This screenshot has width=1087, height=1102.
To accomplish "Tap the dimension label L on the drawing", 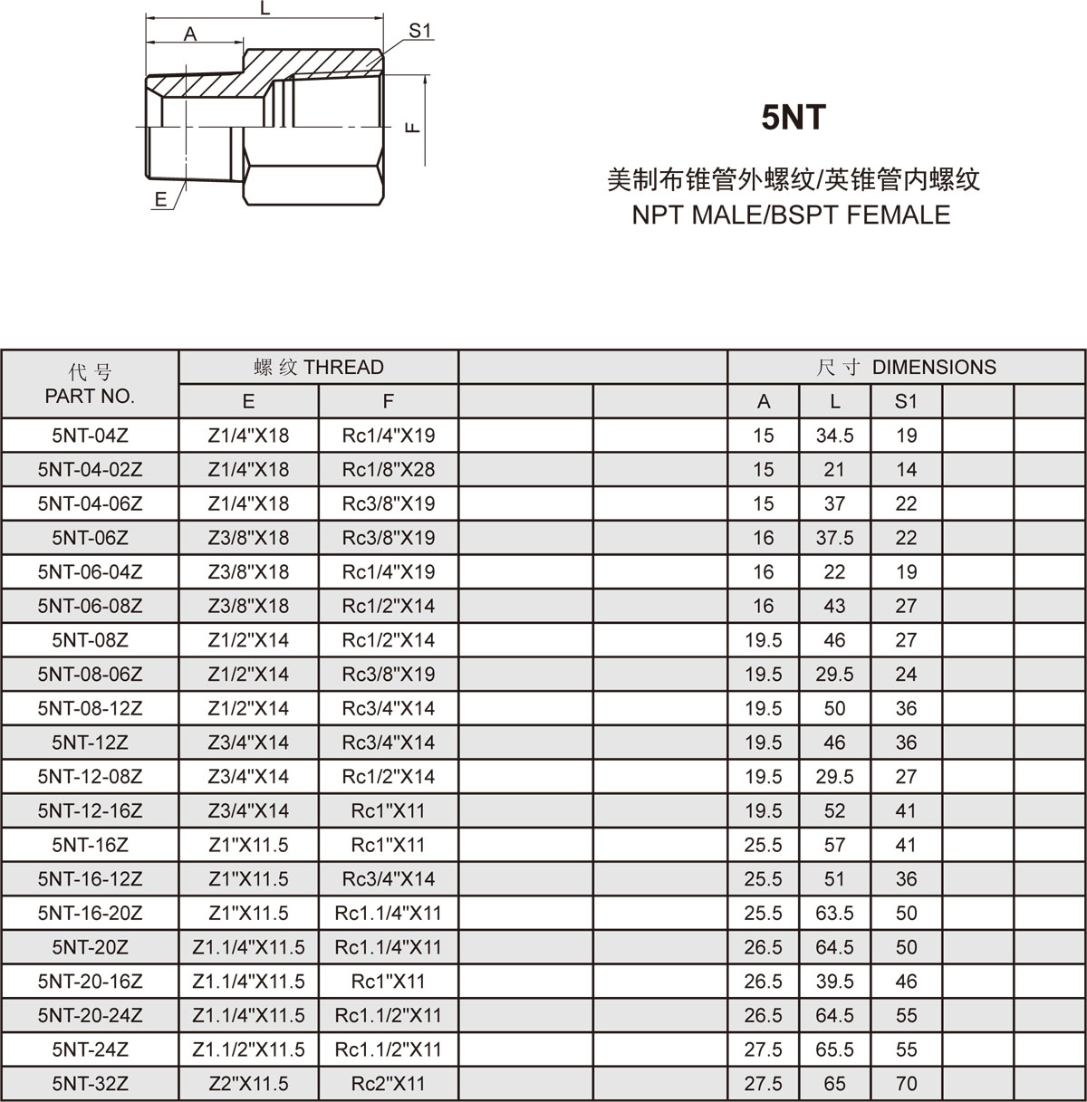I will click(x=265, y=9).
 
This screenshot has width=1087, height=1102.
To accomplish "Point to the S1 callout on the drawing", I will click(x=419, y=31).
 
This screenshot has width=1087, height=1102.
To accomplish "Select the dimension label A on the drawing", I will click(x=190, y=34).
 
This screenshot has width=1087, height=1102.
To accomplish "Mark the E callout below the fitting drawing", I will click(x=161, y=200).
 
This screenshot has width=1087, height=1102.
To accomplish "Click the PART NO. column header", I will click(x=90, y=384).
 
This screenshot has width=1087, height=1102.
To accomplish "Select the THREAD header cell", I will click(x=318, y=367).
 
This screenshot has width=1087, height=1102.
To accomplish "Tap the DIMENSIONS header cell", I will click(x=906, y=367).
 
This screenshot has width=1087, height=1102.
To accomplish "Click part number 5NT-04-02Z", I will click(x=90, y=469).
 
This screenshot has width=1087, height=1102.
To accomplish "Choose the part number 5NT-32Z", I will click(x=90, y=1083).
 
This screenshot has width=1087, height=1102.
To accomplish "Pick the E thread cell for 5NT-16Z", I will click(x=248, y=845).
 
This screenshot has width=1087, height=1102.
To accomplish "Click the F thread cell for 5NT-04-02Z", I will click(x=388, y=469).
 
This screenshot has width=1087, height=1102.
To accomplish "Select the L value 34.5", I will click(x=834, y=436).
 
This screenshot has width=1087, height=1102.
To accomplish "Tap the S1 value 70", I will click(x=906, y=1083).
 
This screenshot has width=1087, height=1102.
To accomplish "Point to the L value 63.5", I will click(x=834, y=913).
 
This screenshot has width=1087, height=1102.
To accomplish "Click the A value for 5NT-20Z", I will click(x=763, y=947).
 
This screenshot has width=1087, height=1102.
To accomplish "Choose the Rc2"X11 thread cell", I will click(x=388, y=1083).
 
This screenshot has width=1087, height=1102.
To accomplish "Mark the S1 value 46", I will click(x=906, y=981).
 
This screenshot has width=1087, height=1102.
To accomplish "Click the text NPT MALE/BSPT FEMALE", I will click(x=791, y=215).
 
